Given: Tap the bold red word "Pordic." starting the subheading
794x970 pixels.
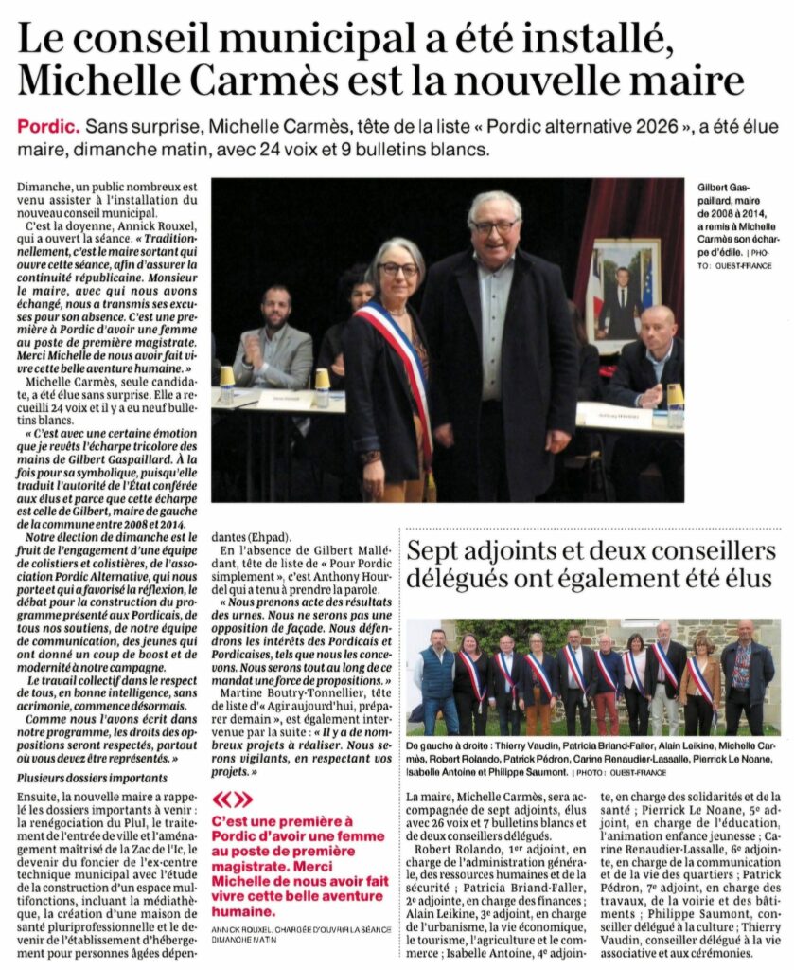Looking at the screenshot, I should point(46,128).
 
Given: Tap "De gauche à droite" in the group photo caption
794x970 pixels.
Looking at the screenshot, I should point(448,745).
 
